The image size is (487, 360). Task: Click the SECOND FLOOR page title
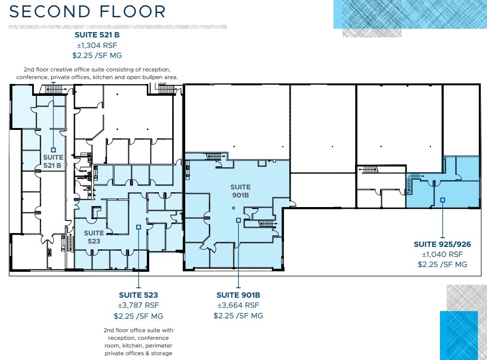[x=88, y=12]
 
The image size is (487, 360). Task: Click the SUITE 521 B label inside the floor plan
[x=52, y=162]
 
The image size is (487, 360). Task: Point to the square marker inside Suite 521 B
[x=53, y=150]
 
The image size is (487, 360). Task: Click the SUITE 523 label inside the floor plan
[x=94, y=237]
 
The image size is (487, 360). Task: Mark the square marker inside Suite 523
[x=138, y=227]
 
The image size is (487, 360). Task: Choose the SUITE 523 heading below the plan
[x=138, y=295]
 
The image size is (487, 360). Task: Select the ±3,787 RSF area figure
[x=138, y=305]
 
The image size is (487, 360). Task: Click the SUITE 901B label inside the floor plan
[x=240, y=191]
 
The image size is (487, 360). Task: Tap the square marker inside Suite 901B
[x=238, y=221]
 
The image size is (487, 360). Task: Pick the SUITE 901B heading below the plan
[x=238, y=295]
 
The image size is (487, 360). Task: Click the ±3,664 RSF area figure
[x=238, y=305]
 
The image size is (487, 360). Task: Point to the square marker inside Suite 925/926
[x=442, y=200]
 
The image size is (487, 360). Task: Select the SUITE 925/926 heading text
[x=442, y=244]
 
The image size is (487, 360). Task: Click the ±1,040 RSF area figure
[x=442, y=255]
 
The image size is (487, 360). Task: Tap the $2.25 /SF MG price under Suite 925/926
[x=442, y=264]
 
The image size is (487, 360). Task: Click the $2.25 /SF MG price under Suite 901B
[x=238, y=315]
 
